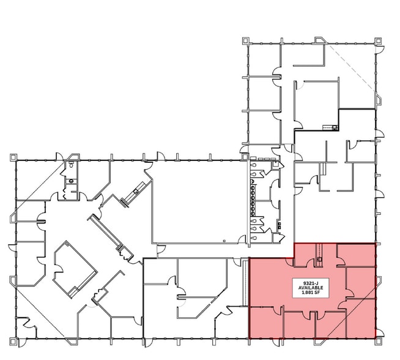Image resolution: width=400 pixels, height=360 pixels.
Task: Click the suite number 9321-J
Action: coord(313,283)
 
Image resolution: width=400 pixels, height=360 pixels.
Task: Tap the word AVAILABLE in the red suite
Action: coord(313,288)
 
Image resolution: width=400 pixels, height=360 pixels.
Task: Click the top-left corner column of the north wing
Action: coord(245,41)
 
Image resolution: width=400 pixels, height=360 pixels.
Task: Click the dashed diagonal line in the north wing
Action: coord(351,67)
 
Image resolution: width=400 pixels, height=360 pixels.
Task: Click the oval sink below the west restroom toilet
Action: coord(70,181)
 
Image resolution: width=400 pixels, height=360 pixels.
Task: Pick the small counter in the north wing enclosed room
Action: coord(334,127)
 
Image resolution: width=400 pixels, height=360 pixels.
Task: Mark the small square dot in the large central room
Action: coord(224,241)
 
